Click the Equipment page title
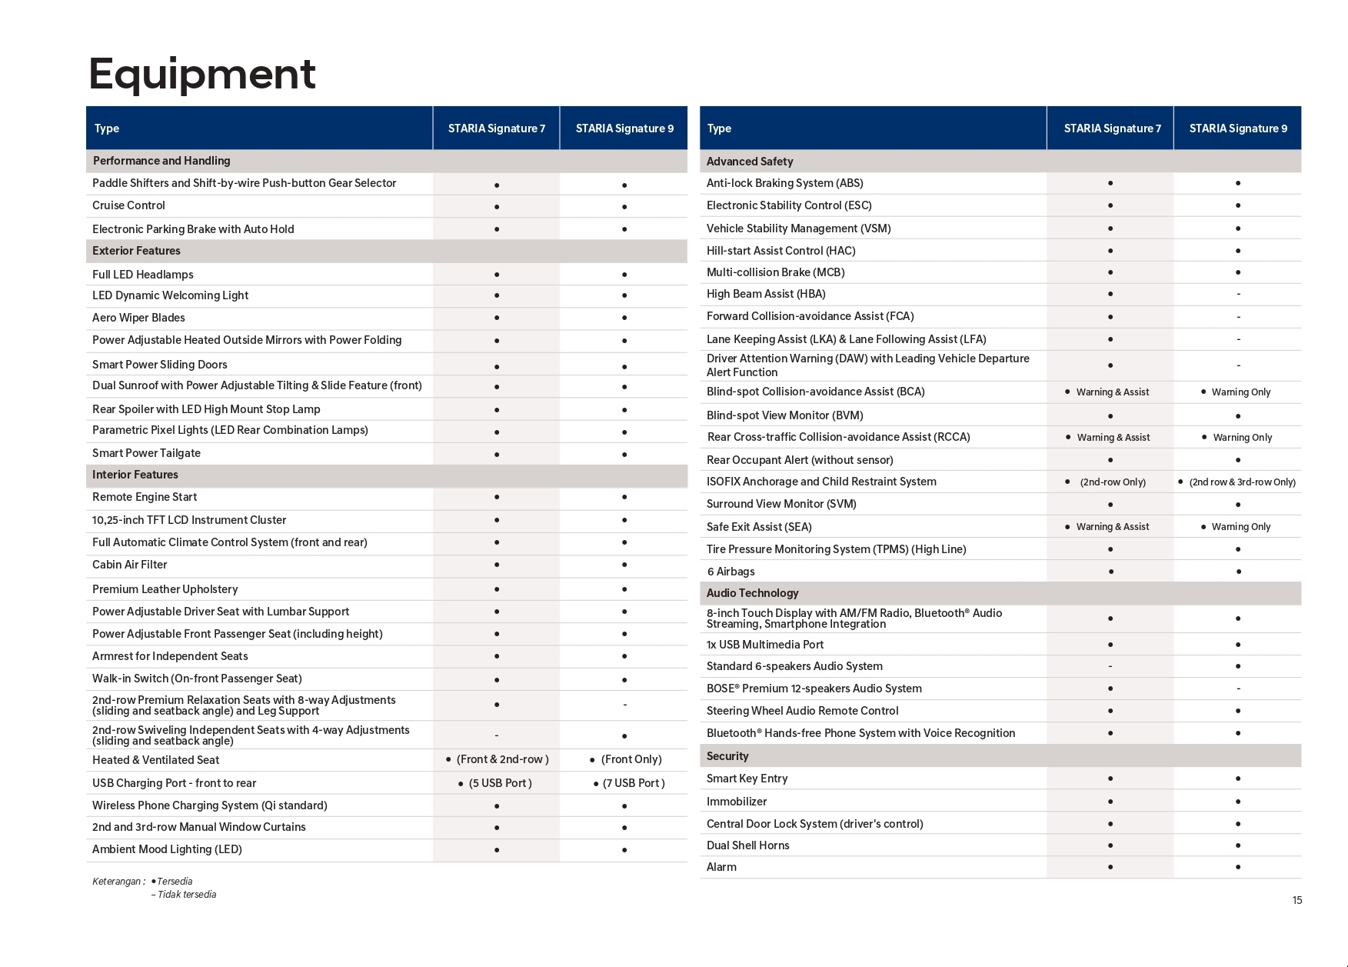click(202, 74)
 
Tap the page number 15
click(1296, 900)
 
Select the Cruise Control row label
click(128, 205)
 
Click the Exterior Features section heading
click(136, 251)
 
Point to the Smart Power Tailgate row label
click(146, 453)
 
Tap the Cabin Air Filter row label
click(129, 565)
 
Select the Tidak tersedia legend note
click(186, 895)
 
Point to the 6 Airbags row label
click(731, 572)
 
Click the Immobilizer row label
click(737, 802)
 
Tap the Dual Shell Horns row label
click(747, 845)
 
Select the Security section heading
click(727, 756)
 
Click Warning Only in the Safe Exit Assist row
click(1240, 527)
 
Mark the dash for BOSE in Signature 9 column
click(1238, 689)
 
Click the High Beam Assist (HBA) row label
click(766, 294)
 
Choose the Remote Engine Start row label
click(145, 497)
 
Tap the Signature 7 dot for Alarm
click(1110, 867)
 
